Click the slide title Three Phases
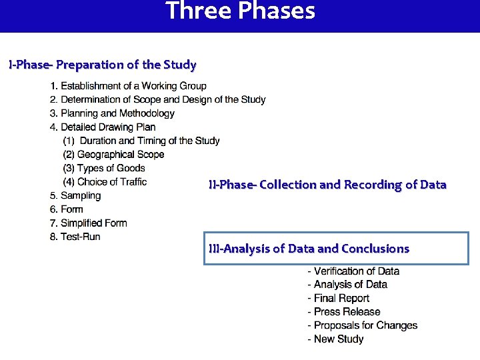coord(240,11)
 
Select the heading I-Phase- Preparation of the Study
coord(102,65)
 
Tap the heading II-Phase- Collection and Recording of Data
coord(327,185)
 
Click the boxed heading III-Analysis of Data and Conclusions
coord(309,249)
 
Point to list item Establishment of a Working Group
coord(128,86)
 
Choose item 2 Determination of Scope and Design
coord(157,100)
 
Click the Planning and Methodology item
coord(112,113)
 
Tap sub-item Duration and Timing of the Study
coord(141,141)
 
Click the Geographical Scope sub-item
coord(113,155)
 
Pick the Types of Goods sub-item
coord(104,168)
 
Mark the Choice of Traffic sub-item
coord(105,182)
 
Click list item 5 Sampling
coord(75,196)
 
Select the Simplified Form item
coord(88,223)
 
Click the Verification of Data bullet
coord(353,271)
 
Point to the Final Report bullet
coord(338,299)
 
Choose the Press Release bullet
coord(343,312)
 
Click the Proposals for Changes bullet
coord(362,326)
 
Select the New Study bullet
coord(335,339)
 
